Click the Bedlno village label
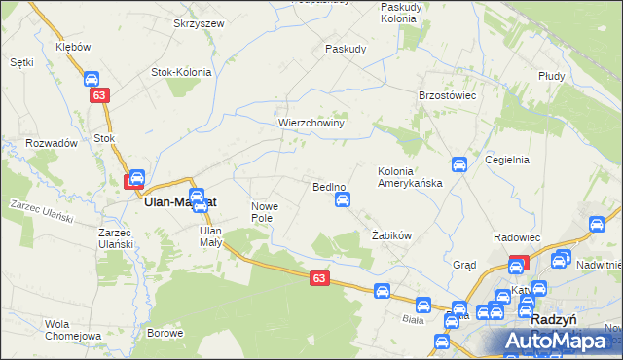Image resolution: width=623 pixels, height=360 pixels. pos(330,186)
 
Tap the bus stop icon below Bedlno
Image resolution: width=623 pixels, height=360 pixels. pos(343,200)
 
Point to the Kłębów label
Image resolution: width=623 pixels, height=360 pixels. pos(73,47)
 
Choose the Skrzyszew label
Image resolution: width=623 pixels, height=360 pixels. pos(199,23)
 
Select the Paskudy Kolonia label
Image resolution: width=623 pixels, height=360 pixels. pos(400,13)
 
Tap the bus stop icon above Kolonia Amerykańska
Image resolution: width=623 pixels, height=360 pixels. pos(459,165)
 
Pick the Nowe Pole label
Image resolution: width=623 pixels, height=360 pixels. pos(266,212)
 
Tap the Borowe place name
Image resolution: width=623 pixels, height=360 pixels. pos(165,333)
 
